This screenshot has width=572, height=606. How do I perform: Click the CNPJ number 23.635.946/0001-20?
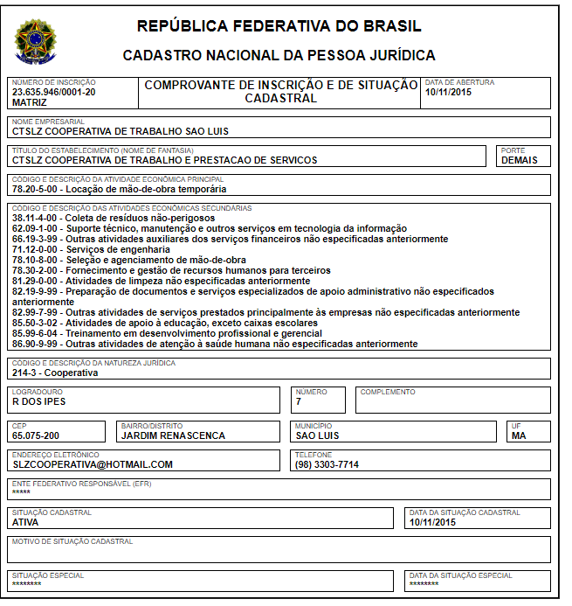[x=54, y=92]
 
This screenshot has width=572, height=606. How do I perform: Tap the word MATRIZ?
[x=30, y=102]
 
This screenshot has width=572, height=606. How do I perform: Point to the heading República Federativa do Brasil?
[x=279, y=26]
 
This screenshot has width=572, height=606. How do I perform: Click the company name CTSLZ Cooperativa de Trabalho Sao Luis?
[x=120, y=131]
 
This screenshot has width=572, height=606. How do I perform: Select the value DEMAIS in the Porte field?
[x=520, y=160]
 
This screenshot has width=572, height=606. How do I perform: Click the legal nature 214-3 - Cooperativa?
[x=55, y=373]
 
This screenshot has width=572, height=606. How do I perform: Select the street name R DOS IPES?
[x=38, y=402]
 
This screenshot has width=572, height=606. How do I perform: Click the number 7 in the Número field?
[x=299, y=402]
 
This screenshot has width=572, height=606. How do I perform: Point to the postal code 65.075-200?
[x=36, y=435]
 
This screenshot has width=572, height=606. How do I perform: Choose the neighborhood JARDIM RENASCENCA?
[x=173, y=435]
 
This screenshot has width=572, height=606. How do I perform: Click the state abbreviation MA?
[x=519, y=435]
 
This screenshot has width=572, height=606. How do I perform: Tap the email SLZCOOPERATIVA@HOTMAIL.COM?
[x=93, y=464]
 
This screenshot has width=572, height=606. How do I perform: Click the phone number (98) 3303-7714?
[x=327, y=464]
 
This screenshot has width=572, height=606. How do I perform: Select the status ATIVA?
[x=25, y=522]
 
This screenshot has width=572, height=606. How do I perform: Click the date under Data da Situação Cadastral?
[x=432, y=522]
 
